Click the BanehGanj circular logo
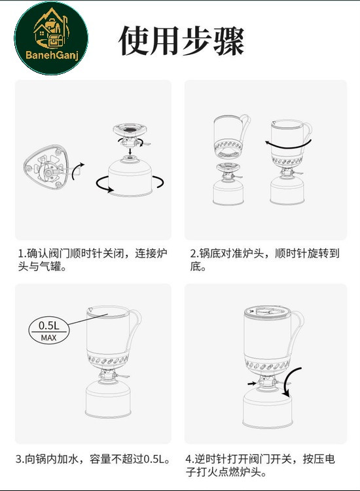pyautogui.click(x=51, y=38)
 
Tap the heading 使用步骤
pyautogui.click(x=181, y=41)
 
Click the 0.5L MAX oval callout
pyautogui.click(x=49, y=331)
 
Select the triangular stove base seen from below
pyautogui.click(x=46, y=167)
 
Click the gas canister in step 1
pyautogui.click(x=130, y=177)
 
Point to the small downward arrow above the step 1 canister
pyautogui.click(x=130, y=151)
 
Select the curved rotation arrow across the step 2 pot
pyautogui.click(x=288, y=145)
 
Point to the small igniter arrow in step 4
pyautogui.click(x=251, y=383)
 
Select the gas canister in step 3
pyautogui.click(x=108, y=399)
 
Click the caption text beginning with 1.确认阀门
pyautogui.click(x=93, y=260)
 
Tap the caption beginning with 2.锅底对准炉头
pyautogui.click(x=265, y=260)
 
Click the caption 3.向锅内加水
pyautogui.click(x=94, y=459)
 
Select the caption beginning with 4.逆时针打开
pyautogui.click(x=261, y=465)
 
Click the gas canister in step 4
pyautogui.click(x=268, y=409)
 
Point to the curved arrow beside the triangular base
pyautogui.click(x=78, y=171)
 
